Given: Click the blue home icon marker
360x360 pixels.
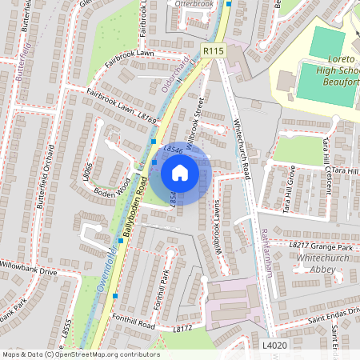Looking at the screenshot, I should click(180, 172).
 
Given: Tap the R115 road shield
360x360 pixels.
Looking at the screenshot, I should click(214, 50).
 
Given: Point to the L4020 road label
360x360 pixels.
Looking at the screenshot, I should click(274, 345).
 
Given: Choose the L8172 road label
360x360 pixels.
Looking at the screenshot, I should click(183, 329).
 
